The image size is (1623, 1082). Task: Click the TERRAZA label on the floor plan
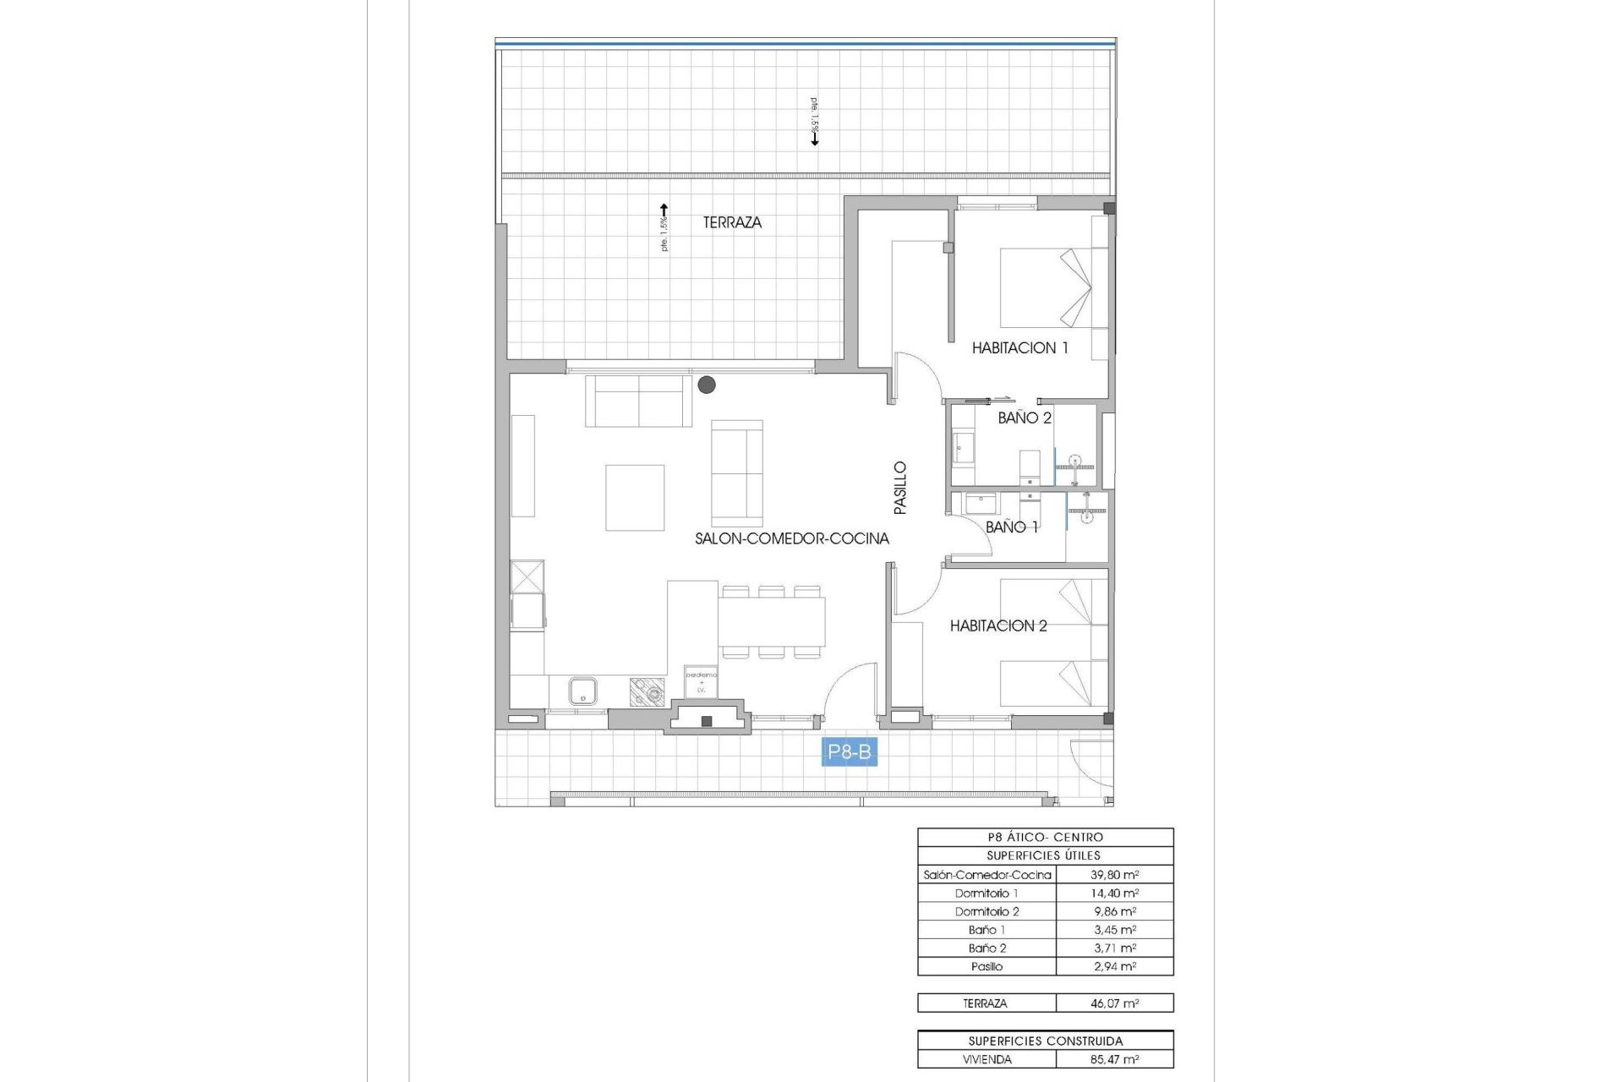click(x=732, y=222)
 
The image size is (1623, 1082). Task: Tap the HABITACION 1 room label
click(x=1019, y=347)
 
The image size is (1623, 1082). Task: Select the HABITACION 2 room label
click(x=998, y=626)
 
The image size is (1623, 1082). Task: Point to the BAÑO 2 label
click(x=1025, y=418)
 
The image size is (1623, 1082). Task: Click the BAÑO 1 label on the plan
click(x=1012, y=527)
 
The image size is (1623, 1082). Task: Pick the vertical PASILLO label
click(x=900, y=488)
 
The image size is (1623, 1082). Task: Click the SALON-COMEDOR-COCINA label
click(x=791, y=538)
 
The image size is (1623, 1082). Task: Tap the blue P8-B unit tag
click(x=850, y=751)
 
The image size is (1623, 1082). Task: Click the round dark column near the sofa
click(x=707, y=385)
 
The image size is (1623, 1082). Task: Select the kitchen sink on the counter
click(x=582, y=691)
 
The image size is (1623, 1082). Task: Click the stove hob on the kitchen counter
click(x=647, y=692)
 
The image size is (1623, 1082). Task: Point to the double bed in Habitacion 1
click(x=1053, y=287)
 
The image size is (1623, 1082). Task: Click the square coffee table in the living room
click(x=635, y=497)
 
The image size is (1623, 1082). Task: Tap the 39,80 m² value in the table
click(x=1114, y=875)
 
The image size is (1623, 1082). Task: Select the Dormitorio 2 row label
click(x=986, y=911)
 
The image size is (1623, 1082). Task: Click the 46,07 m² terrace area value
click(x=1114, y=1003)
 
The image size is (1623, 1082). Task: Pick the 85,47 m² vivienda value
click(x=1114, y=1059)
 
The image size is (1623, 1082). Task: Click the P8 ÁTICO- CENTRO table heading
click(x=1045, y=837)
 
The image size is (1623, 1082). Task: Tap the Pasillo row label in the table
click(x=986, y=966)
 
